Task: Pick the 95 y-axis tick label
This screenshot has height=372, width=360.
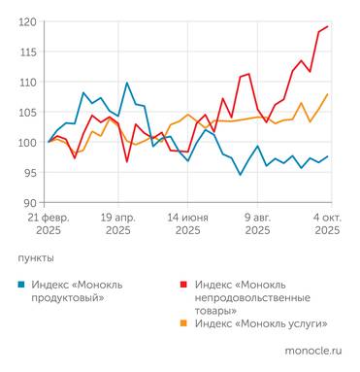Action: (29, 172)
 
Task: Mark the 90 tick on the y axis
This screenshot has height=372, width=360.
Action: (29, 203)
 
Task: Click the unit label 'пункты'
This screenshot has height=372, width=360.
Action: (36, 258)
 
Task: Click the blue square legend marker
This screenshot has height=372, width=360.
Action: (21, 284)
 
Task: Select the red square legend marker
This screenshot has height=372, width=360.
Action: (181, 284)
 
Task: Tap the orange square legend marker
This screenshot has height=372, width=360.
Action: (181, 322)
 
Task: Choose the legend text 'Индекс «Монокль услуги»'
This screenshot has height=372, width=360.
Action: (260, 322)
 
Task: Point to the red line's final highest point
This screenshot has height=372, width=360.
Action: (327, 26)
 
